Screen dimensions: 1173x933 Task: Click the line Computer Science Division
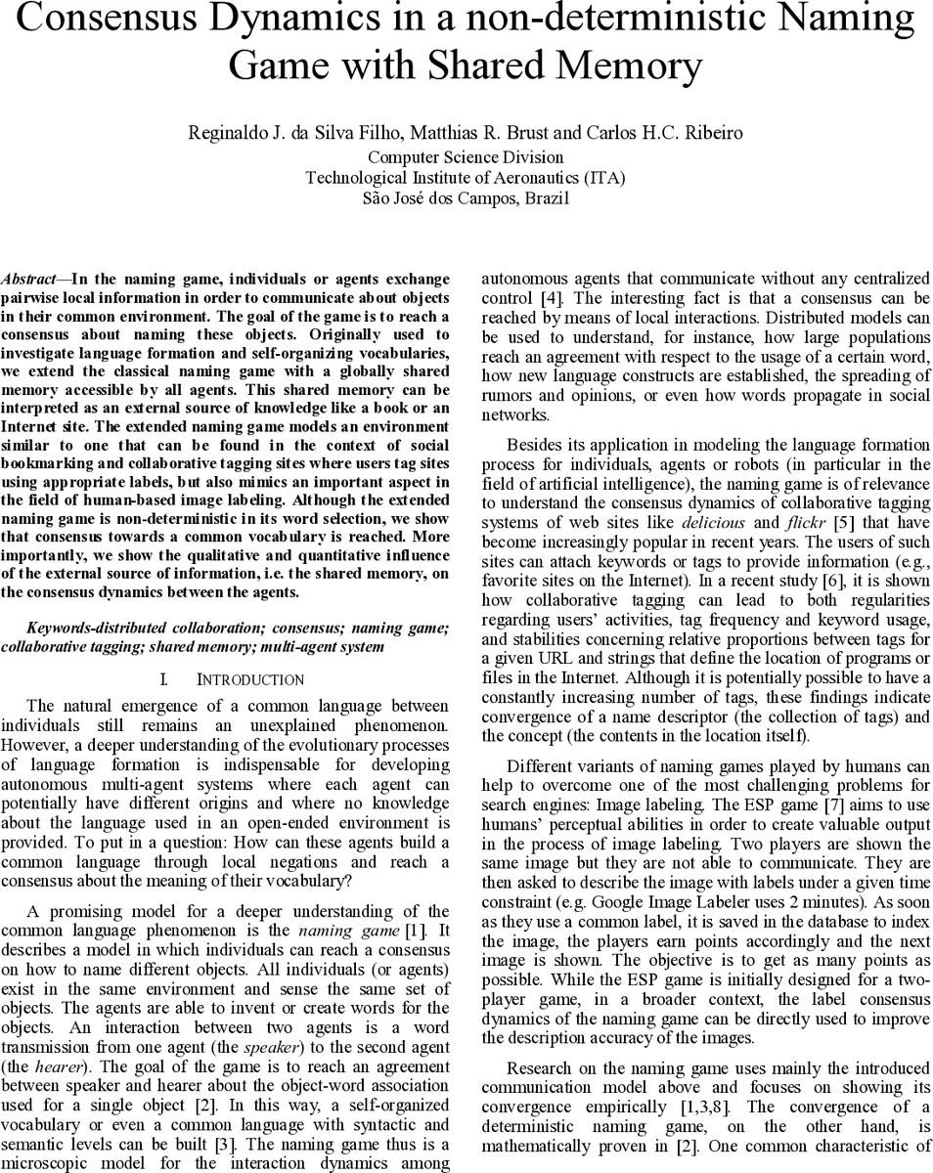466,156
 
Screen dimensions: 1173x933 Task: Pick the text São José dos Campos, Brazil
466,197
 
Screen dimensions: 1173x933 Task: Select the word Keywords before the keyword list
59,628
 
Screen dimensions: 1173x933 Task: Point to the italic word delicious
714,523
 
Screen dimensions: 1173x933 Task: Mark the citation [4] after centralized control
551,298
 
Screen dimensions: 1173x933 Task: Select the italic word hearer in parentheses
57,1066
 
